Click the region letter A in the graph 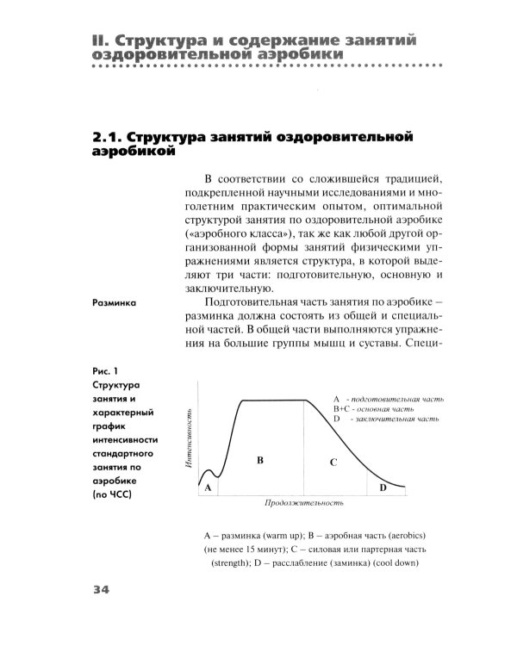[208, 487]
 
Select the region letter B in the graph [259, 461]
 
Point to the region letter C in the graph [333, 463]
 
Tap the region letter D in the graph [383, 488]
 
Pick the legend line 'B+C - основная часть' [374, 409]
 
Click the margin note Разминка [116, 302]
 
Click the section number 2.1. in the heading [106, 137]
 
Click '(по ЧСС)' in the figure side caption [116, 496]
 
